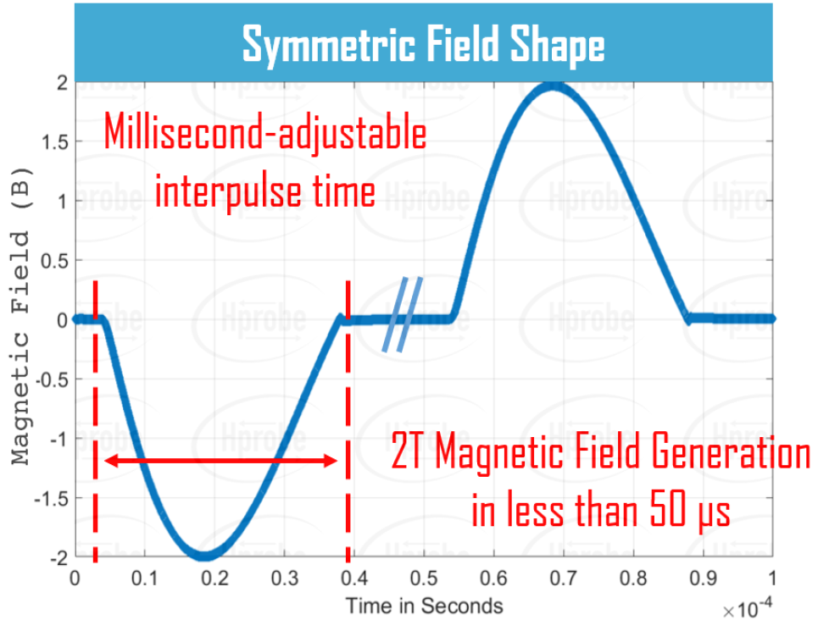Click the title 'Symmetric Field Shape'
point(423,43)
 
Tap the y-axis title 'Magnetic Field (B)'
point(24,322)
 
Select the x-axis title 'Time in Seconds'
point(424,606)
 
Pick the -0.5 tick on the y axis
point(52,379)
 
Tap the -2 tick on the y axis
point(58,558)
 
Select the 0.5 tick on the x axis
point(423,579)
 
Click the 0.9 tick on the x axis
point(702,579)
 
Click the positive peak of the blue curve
point(554,86)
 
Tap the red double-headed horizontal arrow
point(220,461)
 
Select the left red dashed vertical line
point(95,423)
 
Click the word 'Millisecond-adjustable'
point(264,135)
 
